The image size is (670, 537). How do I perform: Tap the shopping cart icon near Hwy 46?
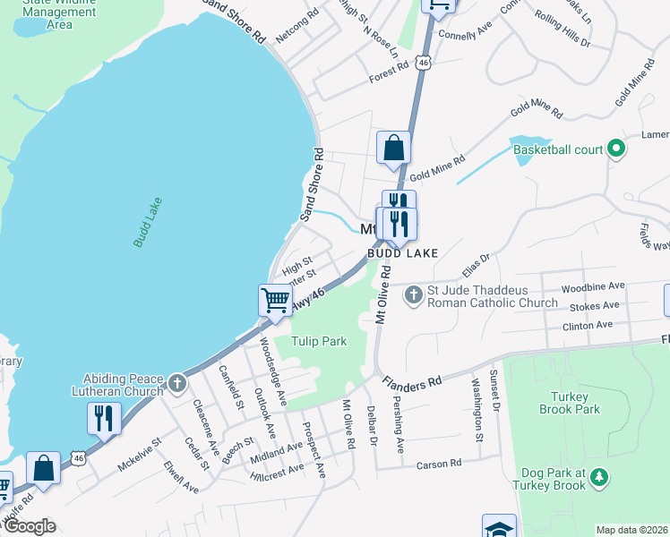pos(275,299)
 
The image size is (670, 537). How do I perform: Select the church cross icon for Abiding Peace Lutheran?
pos(177,385)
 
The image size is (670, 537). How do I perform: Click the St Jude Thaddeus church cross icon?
pos(413,294)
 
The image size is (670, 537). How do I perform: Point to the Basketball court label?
pos(557,149)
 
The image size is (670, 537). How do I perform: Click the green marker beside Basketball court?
pos(615,149)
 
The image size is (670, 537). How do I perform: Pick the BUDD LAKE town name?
pos(401,253)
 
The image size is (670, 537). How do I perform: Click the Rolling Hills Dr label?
pos(563,30)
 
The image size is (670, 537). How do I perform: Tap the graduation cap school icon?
pos(499,527)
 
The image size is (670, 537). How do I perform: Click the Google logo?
pos(29,526)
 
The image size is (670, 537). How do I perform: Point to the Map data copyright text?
pos(631,530)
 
